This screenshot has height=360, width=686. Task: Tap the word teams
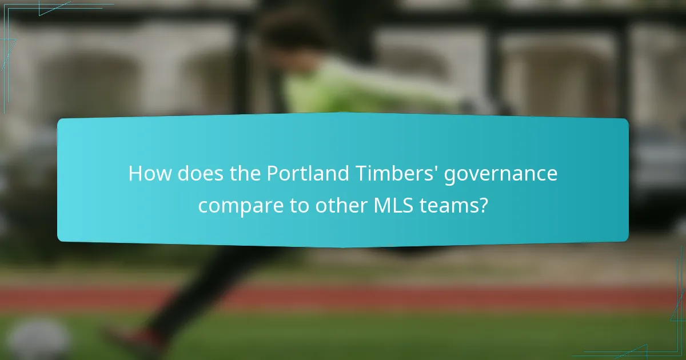tap(449, 205)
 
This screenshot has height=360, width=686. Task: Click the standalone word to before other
tap(302, 205)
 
